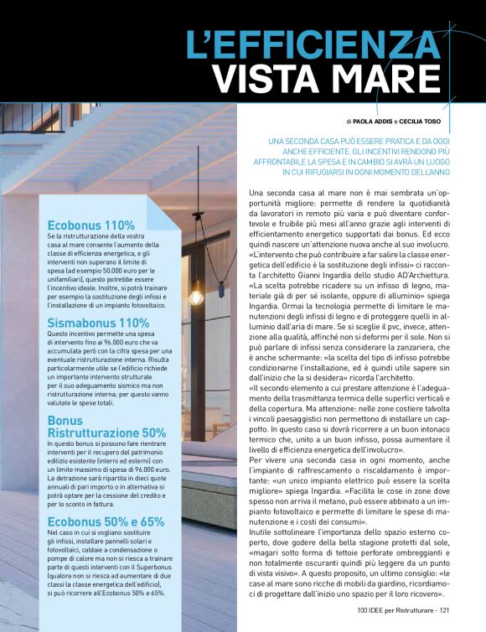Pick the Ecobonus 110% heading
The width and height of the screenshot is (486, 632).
coord(91,225)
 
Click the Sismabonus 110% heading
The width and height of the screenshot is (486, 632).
coord(98,323)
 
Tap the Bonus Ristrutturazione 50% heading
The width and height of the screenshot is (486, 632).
coord(106,427)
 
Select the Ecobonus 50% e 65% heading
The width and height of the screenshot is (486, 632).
coord(105,521)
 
